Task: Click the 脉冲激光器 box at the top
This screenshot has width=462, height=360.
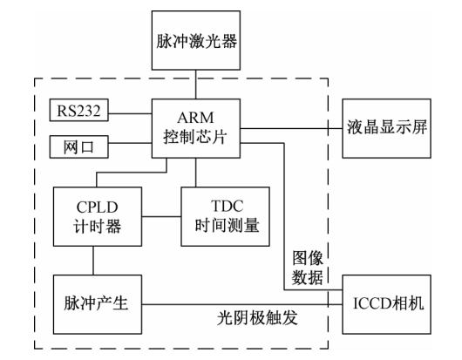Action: [x=197, y=40]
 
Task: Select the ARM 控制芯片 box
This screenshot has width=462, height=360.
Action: [x=196, y=126]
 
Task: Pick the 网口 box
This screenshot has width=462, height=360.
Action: [x=78, y=146]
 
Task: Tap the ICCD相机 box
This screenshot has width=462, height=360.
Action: [x=385, y=304]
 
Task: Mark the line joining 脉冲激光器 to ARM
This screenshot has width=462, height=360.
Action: [x=196, y=84]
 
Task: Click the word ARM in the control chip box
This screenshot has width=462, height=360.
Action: [x=196, y=118]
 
